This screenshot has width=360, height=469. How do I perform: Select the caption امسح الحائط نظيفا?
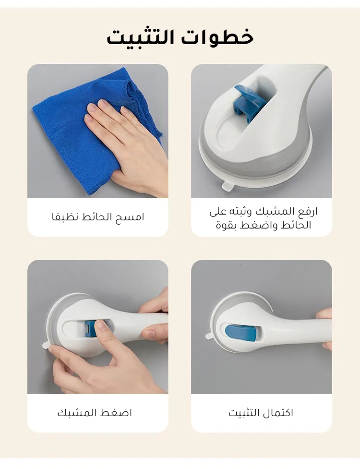pos(98,217)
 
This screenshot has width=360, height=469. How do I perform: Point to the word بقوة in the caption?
pos(225,225)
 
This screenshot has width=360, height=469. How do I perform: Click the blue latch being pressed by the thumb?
pos(90,329)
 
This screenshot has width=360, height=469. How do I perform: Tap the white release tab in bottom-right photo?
pos(209,336)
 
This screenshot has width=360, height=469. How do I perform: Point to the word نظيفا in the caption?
pos(63,217)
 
